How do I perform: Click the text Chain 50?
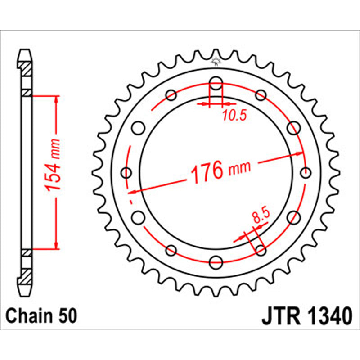pyautogui.click(x=41, y=316)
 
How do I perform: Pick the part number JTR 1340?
pyautogui.click(x=306, y=316)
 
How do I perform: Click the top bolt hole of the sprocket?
pyautogui.click(x=216, y=84)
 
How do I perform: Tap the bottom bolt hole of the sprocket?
pyautogui.click(x=216, y=261)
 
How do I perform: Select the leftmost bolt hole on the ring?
pyautogui.click(x=127, y=173)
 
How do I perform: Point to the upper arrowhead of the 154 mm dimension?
pyautogui.click(x=56, y=99)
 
